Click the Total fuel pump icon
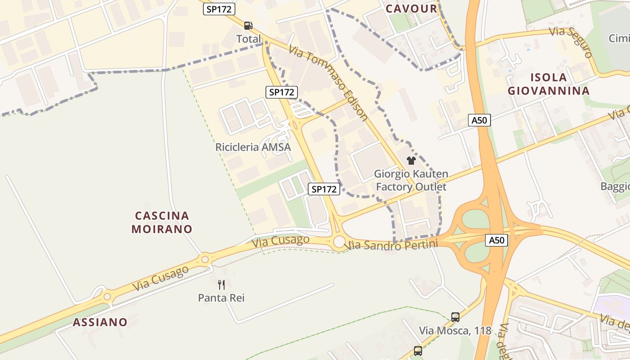click(248, 26)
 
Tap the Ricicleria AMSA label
click(253, 147)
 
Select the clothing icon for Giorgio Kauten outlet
click(411, 161)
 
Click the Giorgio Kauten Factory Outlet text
click(411, 180)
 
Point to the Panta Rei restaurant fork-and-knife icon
click(221, 284)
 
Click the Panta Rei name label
click(221, 297)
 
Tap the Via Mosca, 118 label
click(455, 331)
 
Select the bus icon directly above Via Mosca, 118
click(455, 317)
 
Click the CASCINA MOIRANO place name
click(162, 222)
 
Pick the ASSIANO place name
click(100, 322)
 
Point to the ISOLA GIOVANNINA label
click(549, 84)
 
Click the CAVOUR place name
click(411, 9)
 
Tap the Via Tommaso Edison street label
click(328, 83)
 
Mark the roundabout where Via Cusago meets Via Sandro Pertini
click(340, 242)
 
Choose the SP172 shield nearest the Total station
click(219, 9)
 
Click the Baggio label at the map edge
click(615, 186)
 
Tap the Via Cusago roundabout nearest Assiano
click(107, 297)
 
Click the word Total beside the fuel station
click(248, 39)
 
